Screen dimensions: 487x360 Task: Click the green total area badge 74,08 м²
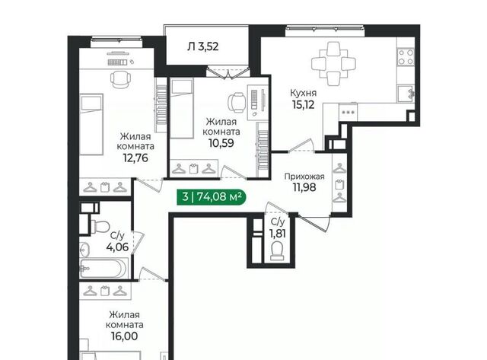[x=212, y=196]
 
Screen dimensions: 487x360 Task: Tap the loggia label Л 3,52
[x=203, y=46]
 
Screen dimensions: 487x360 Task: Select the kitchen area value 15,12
[x=303, y=105]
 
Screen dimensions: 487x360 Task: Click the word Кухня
[x=303, y=93]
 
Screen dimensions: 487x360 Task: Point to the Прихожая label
[x=304, y=177]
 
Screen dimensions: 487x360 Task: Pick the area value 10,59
[x=221, y=143]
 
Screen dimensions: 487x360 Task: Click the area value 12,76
[x=135, y=158]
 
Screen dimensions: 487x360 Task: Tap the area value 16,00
[x=124, y=336]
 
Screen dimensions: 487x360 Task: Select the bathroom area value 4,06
[x=117, y=247]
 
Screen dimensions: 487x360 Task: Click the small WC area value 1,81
[x=278, y=233]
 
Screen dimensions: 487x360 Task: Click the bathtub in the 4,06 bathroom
[x=103, y=268]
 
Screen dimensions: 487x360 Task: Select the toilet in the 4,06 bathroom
[x=100, y=225]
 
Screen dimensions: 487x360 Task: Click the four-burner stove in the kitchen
[x=406, y=57]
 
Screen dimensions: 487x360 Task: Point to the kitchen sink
[x=406, y=94]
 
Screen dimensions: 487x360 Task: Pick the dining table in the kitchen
[x=333, y=64]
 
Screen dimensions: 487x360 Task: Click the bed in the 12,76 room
[x=91, y=124]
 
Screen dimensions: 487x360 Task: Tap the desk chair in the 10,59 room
[x=237, y=102]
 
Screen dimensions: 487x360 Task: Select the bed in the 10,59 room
[x=182, y=108]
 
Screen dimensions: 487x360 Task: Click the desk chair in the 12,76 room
[x=120, y=79]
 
